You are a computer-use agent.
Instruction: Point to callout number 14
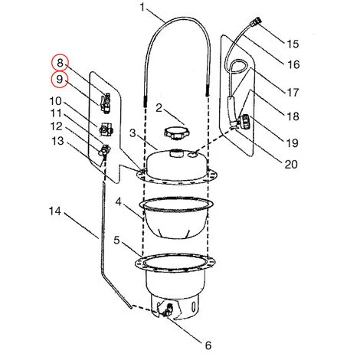pos(54,210)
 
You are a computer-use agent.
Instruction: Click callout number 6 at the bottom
pos(208,344)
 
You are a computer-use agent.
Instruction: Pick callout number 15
pos(293,44)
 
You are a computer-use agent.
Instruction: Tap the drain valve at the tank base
pos(165,310)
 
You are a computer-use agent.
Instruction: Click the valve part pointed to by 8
pos(107,99)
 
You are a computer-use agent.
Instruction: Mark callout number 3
pos(132,133)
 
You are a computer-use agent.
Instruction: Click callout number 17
pos(293,92)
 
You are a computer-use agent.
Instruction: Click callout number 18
pos(293,116)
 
